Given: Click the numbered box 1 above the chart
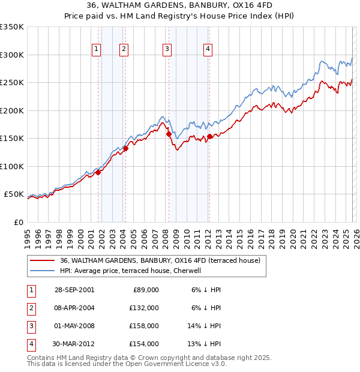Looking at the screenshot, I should click(96, 50).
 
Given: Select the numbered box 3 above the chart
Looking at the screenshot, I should click(166, 50).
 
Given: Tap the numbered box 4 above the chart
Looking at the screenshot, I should click(208, 50).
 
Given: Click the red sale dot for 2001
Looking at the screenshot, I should click(98, 173).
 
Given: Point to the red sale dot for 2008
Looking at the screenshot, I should click(168, 134).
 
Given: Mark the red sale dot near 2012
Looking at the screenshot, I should click(209, 137).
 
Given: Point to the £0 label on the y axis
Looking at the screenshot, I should click(19, 223).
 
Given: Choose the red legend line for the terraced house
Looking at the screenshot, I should click(43, 261).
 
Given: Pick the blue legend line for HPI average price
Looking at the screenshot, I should click(43, 271).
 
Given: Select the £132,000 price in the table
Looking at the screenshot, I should click(144, 308).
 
